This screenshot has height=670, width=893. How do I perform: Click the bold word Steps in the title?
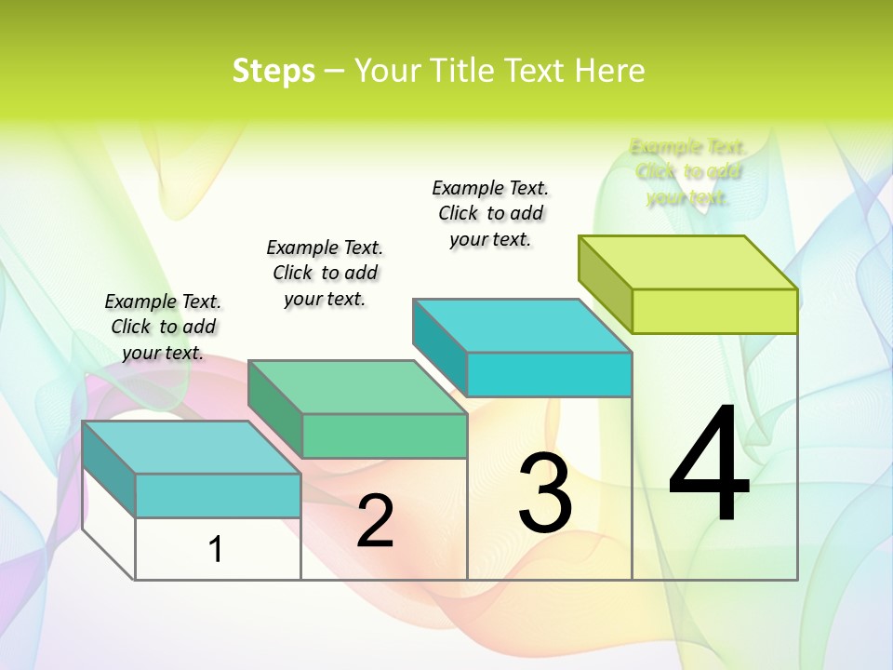point(273,71)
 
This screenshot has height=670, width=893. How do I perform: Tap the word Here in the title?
point(609,71)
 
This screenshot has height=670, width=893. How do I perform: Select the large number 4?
point(709,465)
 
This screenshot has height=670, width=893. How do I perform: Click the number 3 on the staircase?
point(545,493)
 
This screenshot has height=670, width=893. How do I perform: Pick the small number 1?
point(216,549)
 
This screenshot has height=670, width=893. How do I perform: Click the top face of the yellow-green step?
point(688,262)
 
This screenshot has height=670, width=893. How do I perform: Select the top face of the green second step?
point(358,387)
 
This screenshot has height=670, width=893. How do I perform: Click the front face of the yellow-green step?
point(714,311)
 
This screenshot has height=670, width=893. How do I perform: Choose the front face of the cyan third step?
point(549,374)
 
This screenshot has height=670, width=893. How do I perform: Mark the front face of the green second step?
point(384,435)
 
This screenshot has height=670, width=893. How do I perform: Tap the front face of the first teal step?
point(218,495)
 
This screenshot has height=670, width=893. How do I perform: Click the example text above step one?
point(163,327)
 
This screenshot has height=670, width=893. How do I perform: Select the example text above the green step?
point(325,273)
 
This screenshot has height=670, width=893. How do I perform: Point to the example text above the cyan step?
point(490,213)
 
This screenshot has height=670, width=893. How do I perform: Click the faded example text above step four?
point(688,171)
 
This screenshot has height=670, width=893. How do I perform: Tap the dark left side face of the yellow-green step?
point(605,279)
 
